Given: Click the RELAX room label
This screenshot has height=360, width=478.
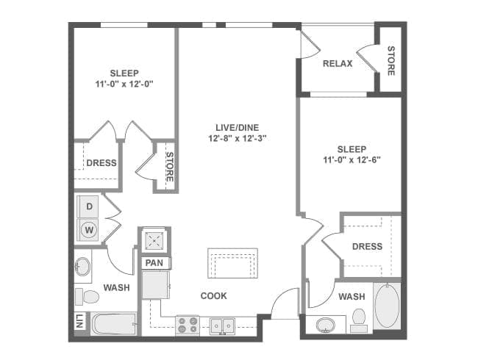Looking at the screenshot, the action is pyautogui.click(x=338, y=64).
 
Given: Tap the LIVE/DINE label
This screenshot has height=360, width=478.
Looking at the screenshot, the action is pyautogui.click(x=238, y=128).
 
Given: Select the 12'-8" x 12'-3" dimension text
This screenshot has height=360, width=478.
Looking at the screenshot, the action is pyautogui.click(x=238, y=139).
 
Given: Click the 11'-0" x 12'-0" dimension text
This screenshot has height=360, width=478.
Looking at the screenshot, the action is pyautogui.click(x=124, y=84).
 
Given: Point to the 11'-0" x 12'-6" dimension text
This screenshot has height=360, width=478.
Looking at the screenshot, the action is pyautogui.click(x=352, y=160).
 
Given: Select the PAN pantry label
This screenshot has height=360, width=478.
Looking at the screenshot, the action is pyautogui.click(x=154, y=263).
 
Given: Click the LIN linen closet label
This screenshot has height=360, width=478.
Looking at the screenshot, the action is pyautogui.click(x=79, y=321).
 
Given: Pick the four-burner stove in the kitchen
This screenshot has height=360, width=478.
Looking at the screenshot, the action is pyautogui.click(x=188, y=325).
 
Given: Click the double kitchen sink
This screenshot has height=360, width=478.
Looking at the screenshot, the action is pyautogui.click(x=223, y=326).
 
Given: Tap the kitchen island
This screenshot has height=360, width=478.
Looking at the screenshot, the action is pyautogui.click(x=233, y=263).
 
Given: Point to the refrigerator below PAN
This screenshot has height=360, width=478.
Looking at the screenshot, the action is pyautogui.click(x=156, y=285).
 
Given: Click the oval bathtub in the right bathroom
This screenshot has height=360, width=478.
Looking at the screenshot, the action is pyautogui.click(x=387, y=306).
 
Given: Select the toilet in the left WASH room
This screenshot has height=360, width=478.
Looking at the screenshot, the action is pyautogui.click(x=88, y=297).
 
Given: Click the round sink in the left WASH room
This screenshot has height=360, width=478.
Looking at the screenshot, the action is pyautogui.click(x=82, y=267).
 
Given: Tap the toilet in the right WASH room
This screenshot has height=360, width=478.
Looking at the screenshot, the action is pyautogui.click(x=359, y=320).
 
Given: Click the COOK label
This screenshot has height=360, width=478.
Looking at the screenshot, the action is pyautogui.click(x=214, y=296).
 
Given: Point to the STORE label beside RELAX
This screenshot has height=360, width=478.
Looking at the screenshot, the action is pyautogui.click(x=390, y=60).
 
